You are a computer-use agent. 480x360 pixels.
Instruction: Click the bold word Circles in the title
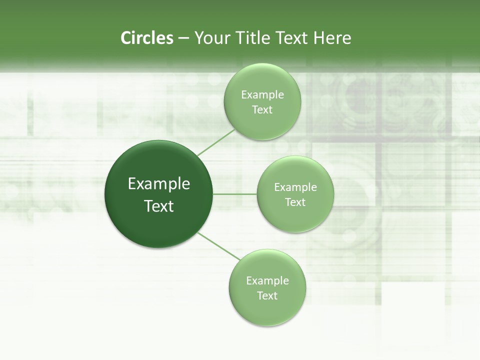tap(146, 38)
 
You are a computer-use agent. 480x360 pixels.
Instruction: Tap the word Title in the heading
tap(251, 38)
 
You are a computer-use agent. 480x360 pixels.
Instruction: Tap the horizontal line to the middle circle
tap(234, 193)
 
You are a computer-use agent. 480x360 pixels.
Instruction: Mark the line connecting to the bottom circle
tap(218, 245)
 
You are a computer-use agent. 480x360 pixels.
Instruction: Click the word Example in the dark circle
tap(159, 184)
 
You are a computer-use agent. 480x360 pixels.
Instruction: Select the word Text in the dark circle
tap(159, 206)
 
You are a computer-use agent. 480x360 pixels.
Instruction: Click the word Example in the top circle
tap(262, 95)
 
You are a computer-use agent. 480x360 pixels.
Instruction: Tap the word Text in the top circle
tap(262, 110)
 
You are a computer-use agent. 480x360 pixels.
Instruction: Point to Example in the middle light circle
tap(295, 187)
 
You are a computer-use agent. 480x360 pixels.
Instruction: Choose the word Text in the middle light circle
tap(295, 202)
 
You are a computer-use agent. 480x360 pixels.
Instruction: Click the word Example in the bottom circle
tap(267, 281)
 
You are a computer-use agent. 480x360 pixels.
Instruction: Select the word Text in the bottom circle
tap(267, 296)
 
